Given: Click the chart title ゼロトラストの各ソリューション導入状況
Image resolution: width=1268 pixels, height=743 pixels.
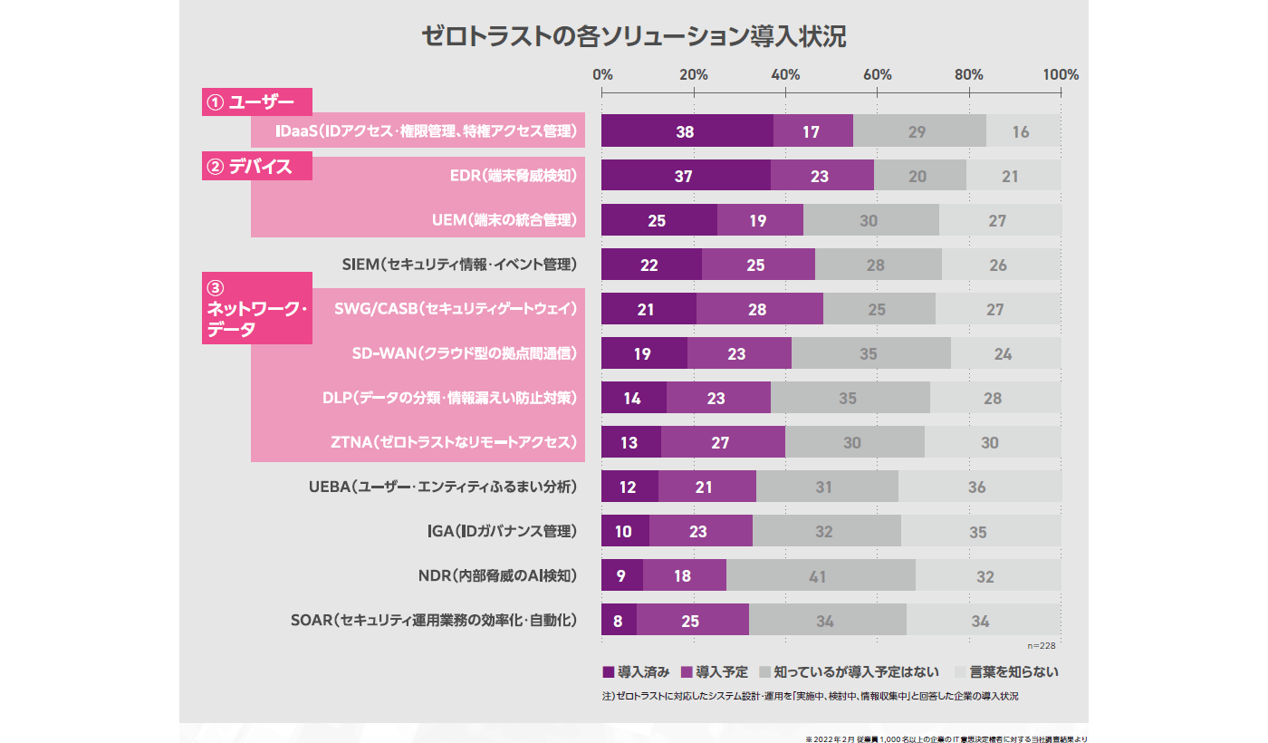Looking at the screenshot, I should click(x=634, y=36).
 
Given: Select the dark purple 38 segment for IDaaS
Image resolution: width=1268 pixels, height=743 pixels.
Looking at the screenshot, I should click(x=687, y=131).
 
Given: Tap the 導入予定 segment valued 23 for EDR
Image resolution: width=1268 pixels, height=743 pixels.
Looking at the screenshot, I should click(x=821, y=176).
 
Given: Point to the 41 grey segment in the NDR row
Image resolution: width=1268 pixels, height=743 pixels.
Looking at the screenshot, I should click(x=819, y=576).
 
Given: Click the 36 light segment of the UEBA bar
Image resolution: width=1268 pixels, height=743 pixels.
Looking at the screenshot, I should click(x=978, y=487).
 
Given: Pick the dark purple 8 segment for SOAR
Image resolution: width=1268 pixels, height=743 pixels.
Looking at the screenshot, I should click(x=619, y=621).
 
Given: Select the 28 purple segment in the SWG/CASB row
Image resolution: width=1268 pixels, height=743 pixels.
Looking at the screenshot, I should click(x=759, y=309).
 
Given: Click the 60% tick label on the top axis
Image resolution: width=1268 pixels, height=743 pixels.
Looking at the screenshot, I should click(x=878, y=74).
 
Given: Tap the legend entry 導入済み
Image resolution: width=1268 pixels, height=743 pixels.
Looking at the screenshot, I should click(x=636, y=672).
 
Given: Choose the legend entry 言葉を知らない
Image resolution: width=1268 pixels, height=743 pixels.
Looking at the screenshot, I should click(x=1007, y=672).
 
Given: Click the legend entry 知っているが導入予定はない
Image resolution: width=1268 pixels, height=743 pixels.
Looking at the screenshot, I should click(x=850, y=672).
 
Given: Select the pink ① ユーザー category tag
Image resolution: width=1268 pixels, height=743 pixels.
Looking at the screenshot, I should click(x=256, y=102).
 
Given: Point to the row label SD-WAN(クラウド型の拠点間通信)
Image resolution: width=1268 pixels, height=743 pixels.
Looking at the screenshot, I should click(x=464, y=353).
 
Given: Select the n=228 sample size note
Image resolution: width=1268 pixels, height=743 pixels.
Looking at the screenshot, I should click(x=1042, y=646).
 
